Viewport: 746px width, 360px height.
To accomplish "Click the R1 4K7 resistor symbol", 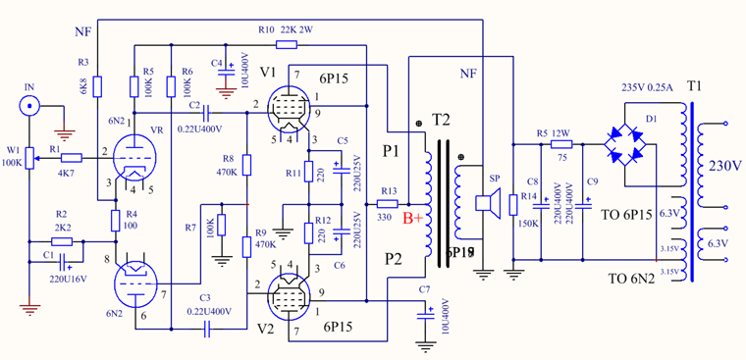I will tap(71, 157).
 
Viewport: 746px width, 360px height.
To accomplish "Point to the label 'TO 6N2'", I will tap(630, 279).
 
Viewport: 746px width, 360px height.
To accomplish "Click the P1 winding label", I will tap(392, 151).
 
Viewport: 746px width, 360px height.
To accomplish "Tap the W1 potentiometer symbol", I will tap(29, 155).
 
